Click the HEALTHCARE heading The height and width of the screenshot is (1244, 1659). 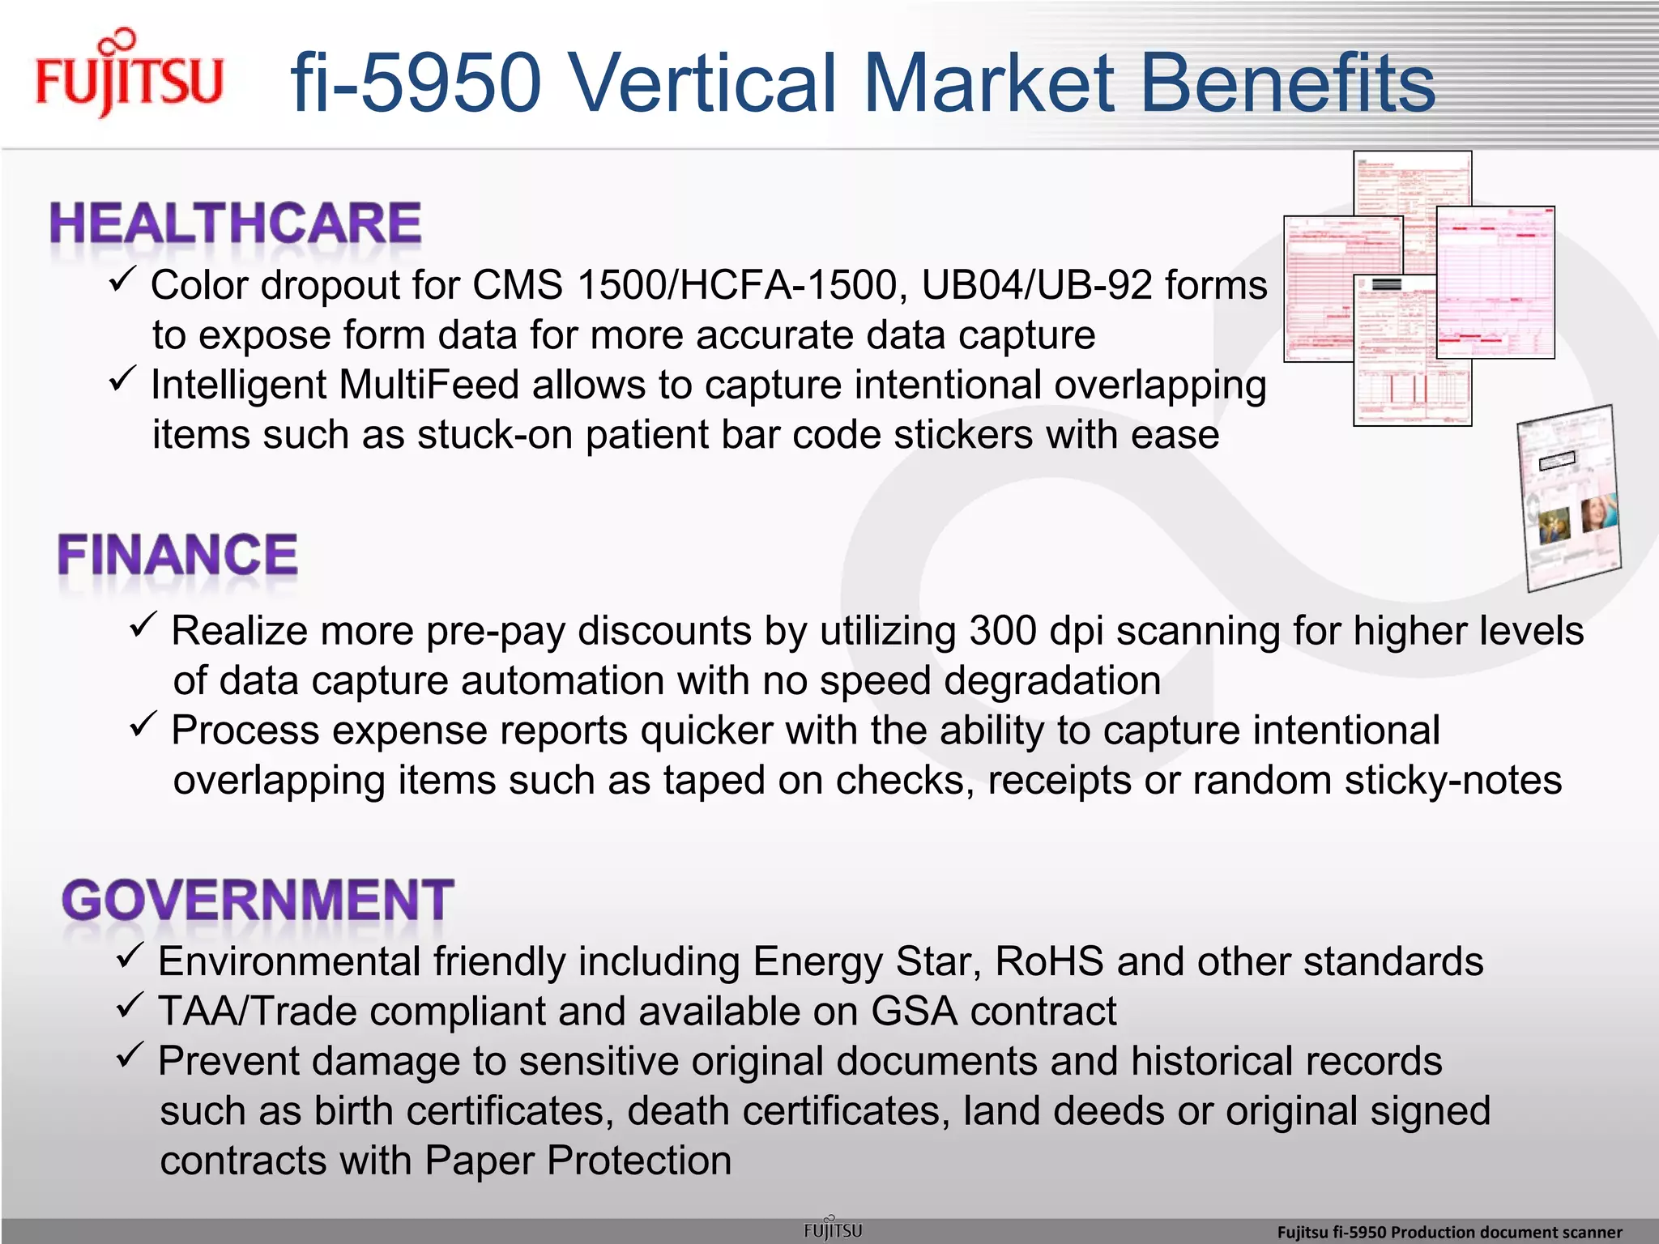pos(236,224)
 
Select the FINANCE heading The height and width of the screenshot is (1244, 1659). pos(177,555)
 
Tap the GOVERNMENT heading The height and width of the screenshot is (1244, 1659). pos(258,900)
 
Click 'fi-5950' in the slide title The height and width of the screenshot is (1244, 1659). pos(416,83)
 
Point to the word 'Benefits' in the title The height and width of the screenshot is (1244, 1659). pos(1287,83)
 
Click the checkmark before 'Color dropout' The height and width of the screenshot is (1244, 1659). pos(122,280)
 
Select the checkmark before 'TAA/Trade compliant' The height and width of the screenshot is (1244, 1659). pos(130,1006)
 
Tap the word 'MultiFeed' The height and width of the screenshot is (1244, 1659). pos(429,385)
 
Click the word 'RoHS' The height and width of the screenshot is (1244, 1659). pos(1049,962)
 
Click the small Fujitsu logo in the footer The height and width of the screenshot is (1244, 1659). pos(832,1229)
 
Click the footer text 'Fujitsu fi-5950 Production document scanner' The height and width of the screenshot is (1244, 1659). pos(1449,1232)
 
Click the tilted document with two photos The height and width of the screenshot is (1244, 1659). pos(1569,498)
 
